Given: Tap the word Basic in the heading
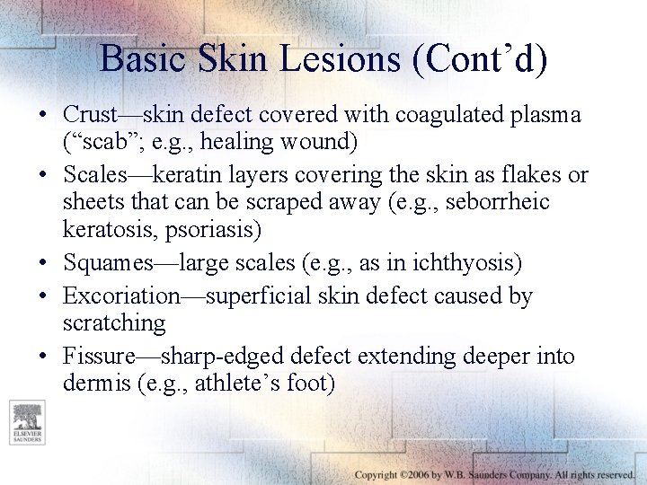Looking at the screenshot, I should pyautogui.click(x=144, y=58).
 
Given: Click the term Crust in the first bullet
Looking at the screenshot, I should pyautogui.click(x=90, y=115).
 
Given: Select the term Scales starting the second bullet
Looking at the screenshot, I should pyautogui.click(x=94, y=174).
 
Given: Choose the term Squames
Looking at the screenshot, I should pyautogui.click(x=109, y=263).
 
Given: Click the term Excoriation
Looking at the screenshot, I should pyautogui.click(x=121, y=295).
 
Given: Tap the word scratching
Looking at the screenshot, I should pyautogui.click(x=114, y=322).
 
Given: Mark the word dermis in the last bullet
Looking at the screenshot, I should pyautogui.click(x=93, y=384).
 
